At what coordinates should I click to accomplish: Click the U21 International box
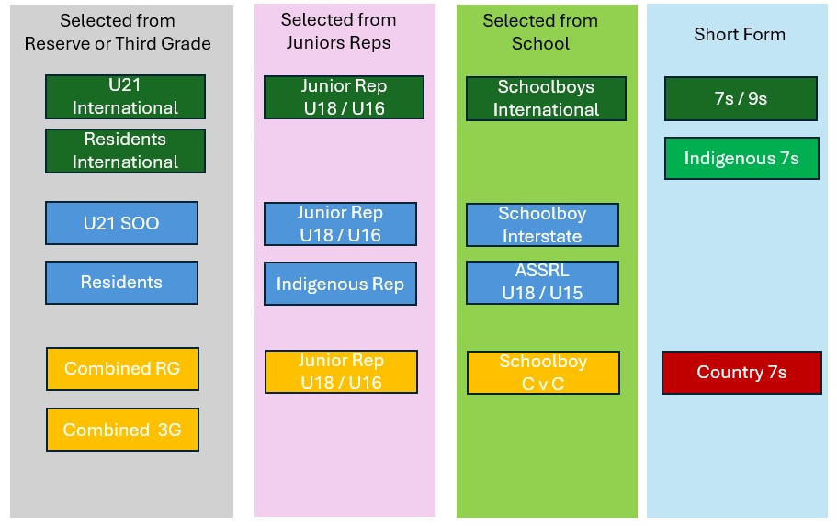(126, 96)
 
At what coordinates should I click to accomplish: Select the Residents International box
(126, 151)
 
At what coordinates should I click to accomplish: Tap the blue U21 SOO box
(121, 223)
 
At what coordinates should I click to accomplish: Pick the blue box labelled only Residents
(121, 283)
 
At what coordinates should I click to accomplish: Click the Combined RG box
(123, 369)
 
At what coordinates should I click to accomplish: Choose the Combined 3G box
(123, 430)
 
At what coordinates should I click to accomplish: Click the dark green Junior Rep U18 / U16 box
(344, 97)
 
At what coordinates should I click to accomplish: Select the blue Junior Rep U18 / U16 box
(341, 223)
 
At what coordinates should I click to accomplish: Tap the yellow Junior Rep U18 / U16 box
(341, 372)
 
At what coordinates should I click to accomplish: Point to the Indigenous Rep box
(341, 284)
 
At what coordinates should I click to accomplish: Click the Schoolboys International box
(546, 98)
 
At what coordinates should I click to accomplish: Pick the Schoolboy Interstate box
(542, 225)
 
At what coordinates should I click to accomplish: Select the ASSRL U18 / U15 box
(542, 282)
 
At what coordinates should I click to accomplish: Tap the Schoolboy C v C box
(543, 373)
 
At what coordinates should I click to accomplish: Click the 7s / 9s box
(741, 99)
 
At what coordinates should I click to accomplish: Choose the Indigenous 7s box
(742, 159)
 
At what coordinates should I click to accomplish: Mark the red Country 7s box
(742, 373)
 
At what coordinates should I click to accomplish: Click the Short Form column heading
(740, 35)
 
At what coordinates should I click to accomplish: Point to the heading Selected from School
(540, 32)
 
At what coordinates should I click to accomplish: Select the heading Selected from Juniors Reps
(338, 31)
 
